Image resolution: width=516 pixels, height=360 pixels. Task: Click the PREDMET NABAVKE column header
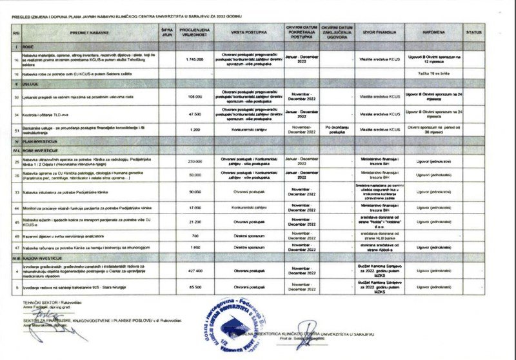88,31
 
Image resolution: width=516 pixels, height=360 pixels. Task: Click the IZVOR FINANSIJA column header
376,31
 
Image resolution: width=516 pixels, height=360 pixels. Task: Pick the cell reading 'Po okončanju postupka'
337,129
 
